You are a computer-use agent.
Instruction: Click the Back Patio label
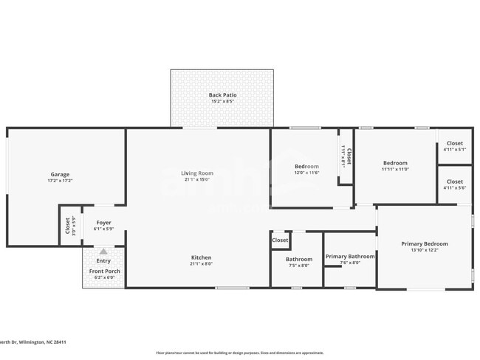[221, 94]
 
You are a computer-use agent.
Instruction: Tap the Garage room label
[60, 174]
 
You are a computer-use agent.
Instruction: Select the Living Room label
[196, 173]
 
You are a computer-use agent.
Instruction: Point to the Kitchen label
[202, 257]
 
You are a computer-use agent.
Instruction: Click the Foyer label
[103, 222]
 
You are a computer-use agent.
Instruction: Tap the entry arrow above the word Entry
[103, 252]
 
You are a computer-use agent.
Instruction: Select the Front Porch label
[104, 271]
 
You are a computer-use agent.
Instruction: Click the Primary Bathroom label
[350, 256]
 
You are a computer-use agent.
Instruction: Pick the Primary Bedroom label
[424, 243]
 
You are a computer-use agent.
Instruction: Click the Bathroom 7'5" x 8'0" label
[299, 259]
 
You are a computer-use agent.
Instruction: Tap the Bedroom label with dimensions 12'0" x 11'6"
[306, 166]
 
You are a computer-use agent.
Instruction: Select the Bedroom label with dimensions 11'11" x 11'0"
[394, 163]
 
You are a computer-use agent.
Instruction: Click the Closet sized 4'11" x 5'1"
[454, 143]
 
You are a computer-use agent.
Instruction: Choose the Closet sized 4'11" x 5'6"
[454, 181]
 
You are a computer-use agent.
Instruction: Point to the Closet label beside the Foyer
[68, 224]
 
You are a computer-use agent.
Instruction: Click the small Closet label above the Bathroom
[280, 240]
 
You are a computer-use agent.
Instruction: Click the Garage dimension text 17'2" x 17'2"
[60, 181]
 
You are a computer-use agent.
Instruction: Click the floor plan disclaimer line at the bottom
[239, 353]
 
